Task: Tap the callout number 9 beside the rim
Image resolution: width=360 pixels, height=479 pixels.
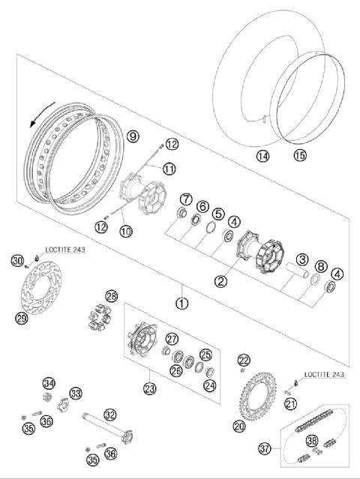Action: click(x=133, y=136)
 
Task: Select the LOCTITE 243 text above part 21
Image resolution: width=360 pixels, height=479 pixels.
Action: click(x=325, y=374)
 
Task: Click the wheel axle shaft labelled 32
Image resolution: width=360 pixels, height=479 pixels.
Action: click(x=112, y=430)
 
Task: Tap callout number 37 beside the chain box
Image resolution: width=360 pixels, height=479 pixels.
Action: click(x=264, y=449)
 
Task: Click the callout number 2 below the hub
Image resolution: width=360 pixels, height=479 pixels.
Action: click(x=221, y=281)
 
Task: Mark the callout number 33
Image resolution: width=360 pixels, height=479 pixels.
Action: click(x=76, y=393)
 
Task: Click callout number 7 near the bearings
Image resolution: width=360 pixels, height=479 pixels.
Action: click(x=184, y=199)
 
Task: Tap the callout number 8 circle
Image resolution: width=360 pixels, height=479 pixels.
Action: click(x=320, y=265)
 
